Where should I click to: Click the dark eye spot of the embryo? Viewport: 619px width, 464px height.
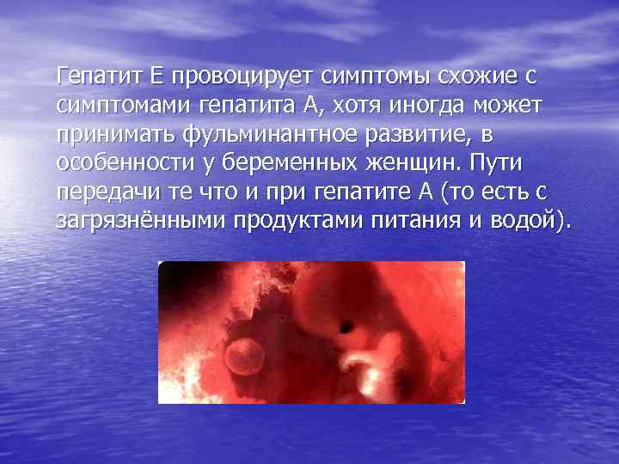point(346,327)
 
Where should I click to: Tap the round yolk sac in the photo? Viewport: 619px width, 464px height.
point(245,353)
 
